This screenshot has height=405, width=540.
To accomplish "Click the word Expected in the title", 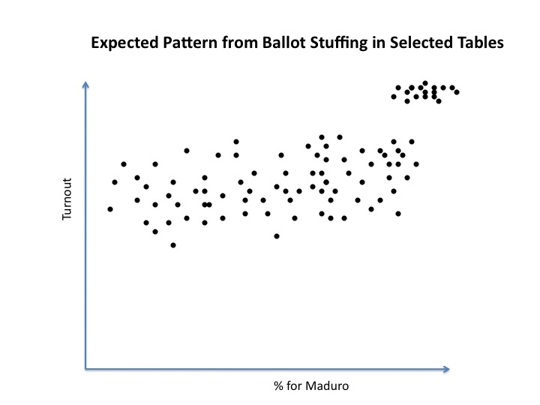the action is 124,43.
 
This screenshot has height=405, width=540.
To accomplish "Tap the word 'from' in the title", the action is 240,43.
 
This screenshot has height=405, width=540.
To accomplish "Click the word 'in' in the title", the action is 379,43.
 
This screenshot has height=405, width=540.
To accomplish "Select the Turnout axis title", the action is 67,199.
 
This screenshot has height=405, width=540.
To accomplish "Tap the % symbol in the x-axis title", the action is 278,386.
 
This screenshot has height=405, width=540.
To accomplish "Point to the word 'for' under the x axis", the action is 294,385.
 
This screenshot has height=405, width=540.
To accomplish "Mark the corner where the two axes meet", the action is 85,369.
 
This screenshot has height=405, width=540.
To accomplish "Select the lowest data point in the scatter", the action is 173,245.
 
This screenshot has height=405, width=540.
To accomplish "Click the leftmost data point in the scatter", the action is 110,209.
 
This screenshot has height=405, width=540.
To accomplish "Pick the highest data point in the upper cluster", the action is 425,83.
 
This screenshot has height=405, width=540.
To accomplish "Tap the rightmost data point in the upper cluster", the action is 457,92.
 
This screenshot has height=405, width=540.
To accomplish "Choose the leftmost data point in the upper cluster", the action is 394,97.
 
